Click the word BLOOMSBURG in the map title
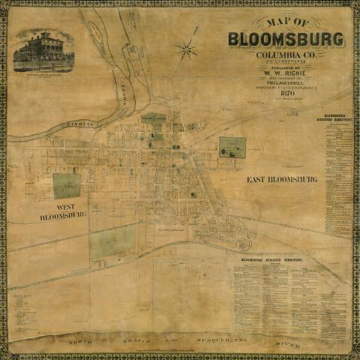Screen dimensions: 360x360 coord(286,39)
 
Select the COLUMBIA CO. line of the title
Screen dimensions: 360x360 coord(286,55)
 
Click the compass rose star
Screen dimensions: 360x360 coord(186,50)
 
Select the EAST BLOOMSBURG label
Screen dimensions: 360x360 coord(282,180)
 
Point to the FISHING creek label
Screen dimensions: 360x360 coord(81,124)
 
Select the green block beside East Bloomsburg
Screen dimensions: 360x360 coord(232,147)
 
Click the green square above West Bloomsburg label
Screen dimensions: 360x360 coord(67,185)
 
